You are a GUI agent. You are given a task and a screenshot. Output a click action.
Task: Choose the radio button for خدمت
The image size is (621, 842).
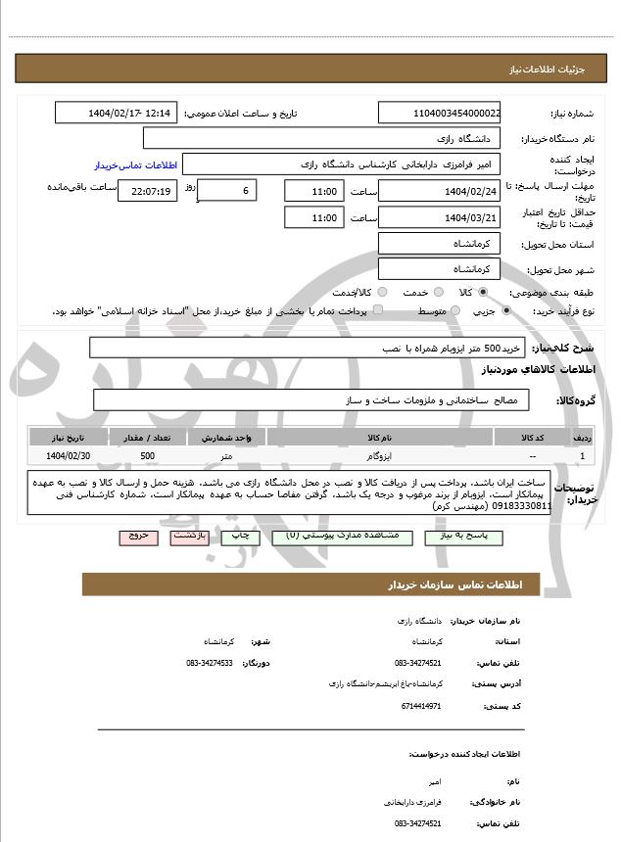pos(437,292)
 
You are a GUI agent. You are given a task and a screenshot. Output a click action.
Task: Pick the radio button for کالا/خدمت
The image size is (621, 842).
pos(381,292)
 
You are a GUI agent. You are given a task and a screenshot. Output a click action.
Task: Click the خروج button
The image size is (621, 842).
pos(135,537)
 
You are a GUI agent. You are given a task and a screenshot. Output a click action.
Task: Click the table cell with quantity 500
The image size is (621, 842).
pos(147,456)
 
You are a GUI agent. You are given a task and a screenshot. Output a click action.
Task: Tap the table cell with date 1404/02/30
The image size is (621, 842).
pos(69,456)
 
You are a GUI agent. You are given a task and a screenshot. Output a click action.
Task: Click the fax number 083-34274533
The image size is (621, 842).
pos(209,663)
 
